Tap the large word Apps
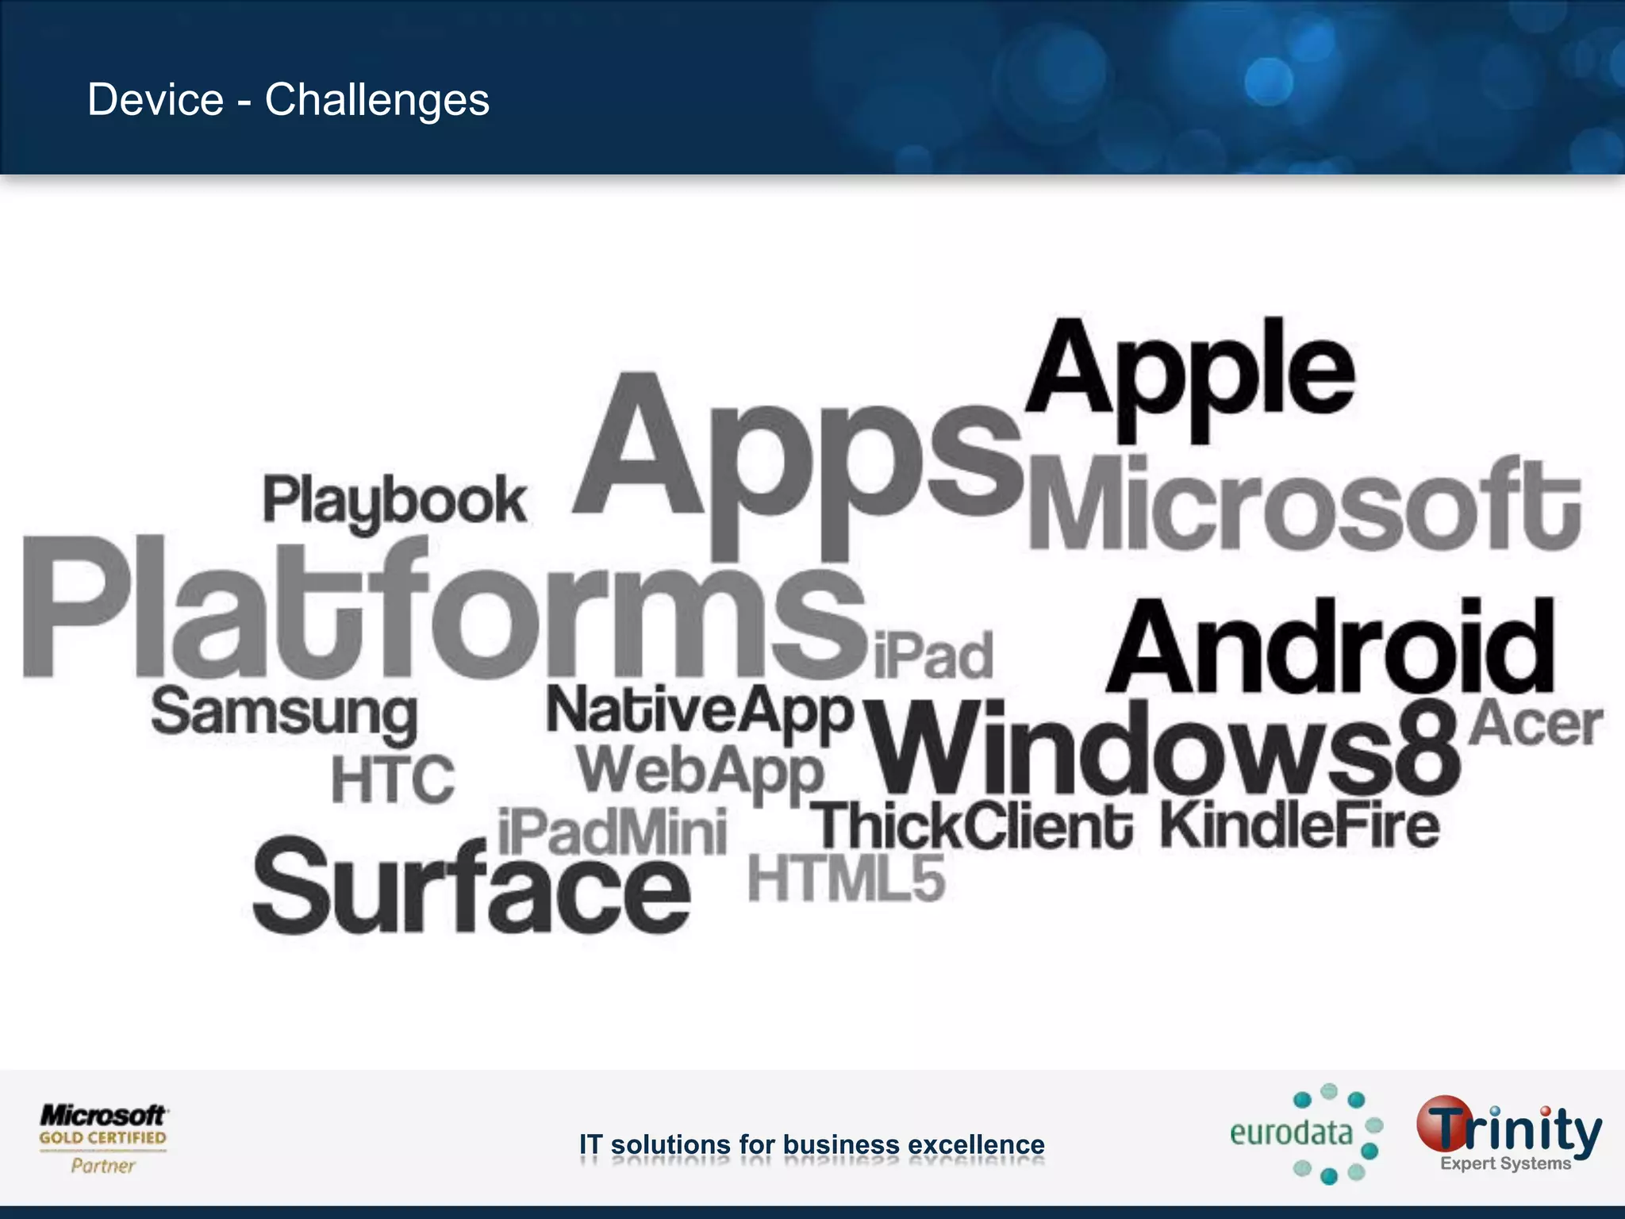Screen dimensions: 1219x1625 (x=797, y=460)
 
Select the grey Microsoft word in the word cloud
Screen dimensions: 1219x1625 (x=1305, y=504)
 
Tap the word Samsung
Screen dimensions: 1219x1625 (x=284, y=714)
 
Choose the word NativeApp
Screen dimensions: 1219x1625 (x=700, y=712)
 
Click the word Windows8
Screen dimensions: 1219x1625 (x=1162, y=750)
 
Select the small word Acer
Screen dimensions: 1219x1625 (x=1535, y=724)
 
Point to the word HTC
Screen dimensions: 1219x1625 (x=394, y=779)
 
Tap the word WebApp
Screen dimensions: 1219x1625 (x=700, y=771)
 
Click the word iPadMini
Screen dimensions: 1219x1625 (x=612, y=832)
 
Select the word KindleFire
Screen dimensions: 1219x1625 (x=1300, y=825)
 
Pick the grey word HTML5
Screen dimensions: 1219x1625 (x=847, y=879)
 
